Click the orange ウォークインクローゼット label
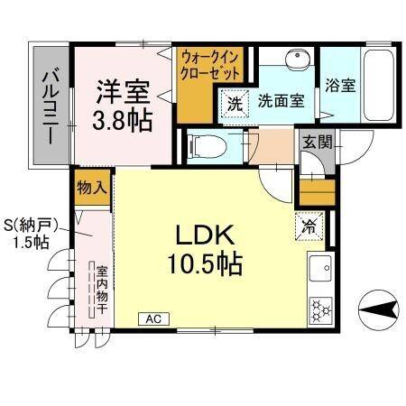[210, 66]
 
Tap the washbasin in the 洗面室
[294, 62]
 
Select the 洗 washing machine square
[235, 103]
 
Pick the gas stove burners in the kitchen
[321, 310]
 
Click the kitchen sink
[320, 269]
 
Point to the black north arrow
[382, 309]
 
